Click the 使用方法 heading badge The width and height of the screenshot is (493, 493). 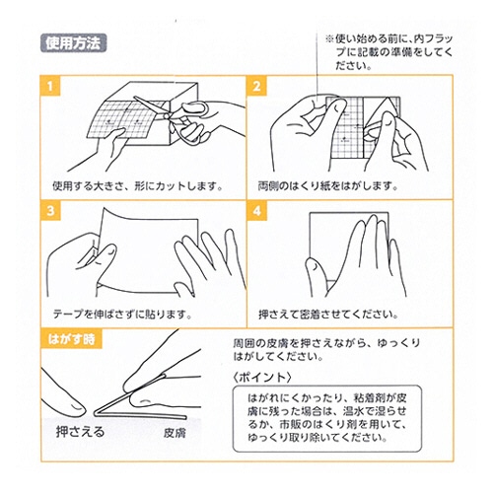pos(73,43)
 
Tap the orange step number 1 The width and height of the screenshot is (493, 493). pos(50,86)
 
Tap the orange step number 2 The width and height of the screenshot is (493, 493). pos(256,86)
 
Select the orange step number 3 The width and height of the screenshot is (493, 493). pos(50,211)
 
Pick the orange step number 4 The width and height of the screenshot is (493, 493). pos(256,211)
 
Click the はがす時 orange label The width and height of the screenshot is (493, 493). pos(71,339)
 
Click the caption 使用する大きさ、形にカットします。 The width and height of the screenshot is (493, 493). pos(138,186)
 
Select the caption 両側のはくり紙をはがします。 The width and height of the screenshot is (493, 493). pos(327,186)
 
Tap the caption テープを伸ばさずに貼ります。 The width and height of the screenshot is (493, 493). pos(122,315)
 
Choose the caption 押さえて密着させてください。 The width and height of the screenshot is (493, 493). pos(328,315)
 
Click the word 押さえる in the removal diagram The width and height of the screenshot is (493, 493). pos(80,432)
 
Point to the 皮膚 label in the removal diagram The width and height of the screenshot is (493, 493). pos(175,433)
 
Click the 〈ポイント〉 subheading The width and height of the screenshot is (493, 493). pos(262,377)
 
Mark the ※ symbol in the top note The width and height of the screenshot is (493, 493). pos(329,39)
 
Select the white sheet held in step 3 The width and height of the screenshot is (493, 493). pos(148,249)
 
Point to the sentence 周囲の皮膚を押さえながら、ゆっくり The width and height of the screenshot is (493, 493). pos(326,343)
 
